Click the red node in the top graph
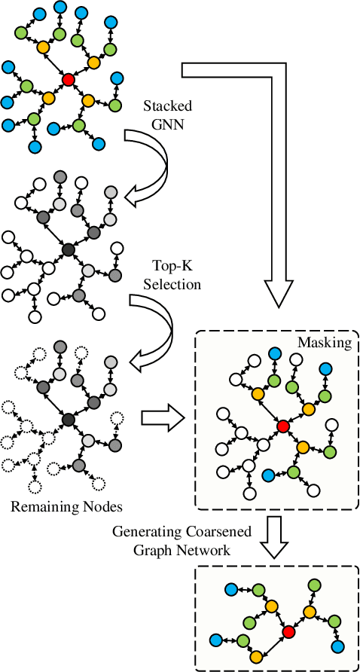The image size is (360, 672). [x=68, y=79]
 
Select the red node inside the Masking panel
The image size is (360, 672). [x=282, y=426]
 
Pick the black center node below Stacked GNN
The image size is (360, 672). [x=68, y=249]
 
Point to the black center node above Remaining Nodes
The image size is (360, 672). [x=68, y=419]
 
